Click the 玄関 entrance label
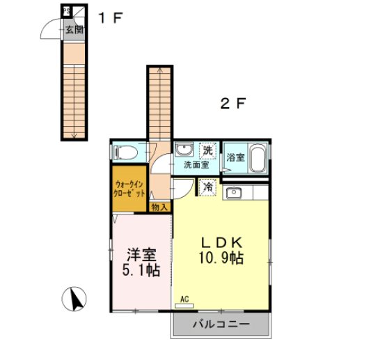(x=74, y=29)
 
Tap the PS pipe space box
(x=66, y=11)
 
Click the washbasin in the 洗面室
(x=185, y=150)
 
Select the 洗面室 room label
(x=196, y=166)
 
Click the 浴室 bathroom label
(x=235, y=157)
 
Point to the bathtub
(x=258, y=159)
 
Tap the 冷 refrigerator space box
(x=207, y=186)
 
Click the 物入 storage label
(x=159, y=207)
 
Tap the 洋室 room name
(x=142, y=254)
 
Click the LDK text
(x=221, y=242)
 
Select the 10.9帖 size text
(x=221, y=258)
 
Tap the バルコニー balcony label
(x=221, y=324)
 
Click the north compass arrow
(x=74, y=299)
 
